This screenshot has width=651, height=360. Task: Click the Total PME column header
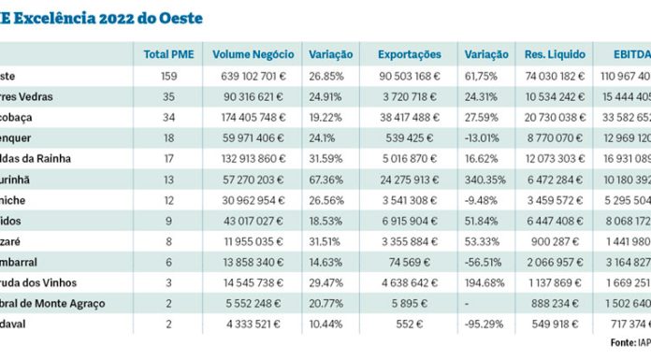[168, 55]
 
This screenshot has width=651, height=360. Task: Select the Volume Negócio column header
[250, 55]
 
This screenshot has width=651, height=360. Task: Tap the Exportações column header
[409, 55]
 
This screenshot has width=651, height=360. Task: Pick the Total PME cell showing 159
[169, 77]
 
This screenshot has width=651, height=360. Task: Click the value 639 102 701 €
[251, 77]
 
